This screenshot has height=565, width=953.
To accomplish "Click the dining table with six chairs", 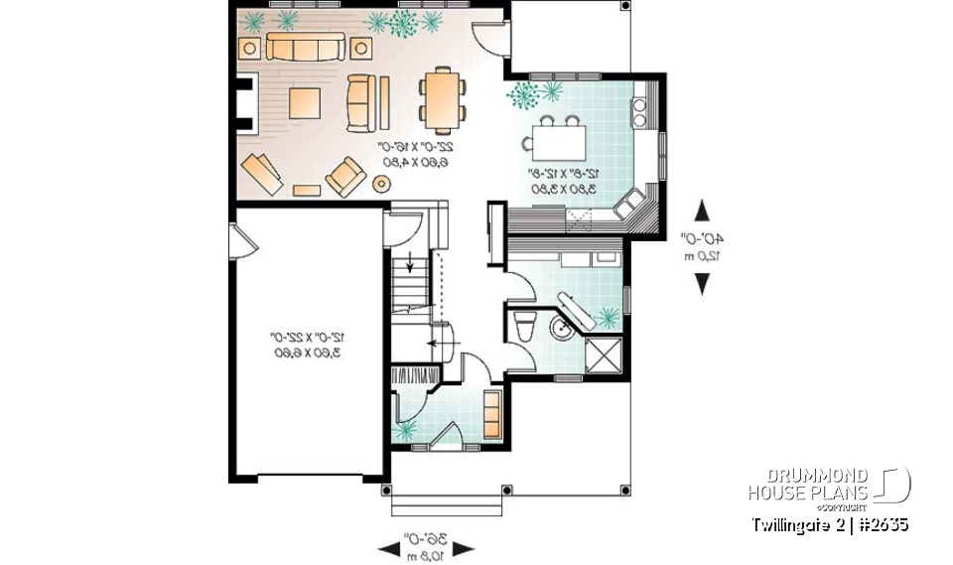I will pyautogui.click(x=441, y=98).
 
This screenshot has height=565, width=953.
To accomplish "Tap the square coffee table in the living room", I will pyautogui.click(x=306, y=103).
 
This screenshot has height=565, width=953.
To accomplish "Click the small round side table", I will pyautogui.click(x=380, y=183).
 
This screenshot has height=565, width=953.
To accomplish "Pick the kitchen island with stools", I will pyautogui.click(x=560, y=137).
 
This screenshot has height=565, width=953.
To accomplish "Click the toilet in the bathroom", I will pyautogui.click(x=527, y=329).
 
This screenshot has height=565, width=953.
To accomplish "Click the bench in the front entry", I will pyautogui.click(x=491, y=414).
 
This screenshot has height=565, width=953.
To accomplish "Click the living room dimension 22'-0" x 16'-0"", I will pyautogui.click(x=414, y=154).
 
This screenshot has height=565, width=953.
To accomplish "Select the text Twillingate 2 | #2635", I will pyautogui.click(x=829, y=524).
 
